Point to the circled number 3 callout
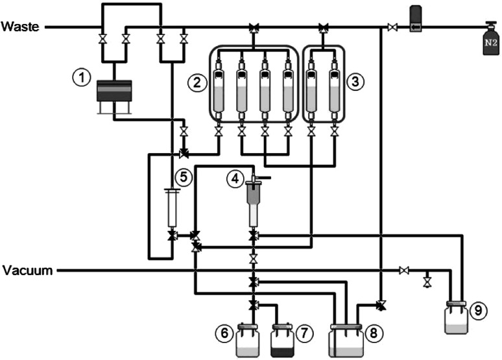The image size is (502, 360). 354,82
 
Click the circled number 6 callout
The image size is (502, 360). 223,333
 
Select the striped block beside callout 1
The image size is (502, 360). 113,90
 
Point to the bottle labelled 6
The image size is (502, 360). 247,341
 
